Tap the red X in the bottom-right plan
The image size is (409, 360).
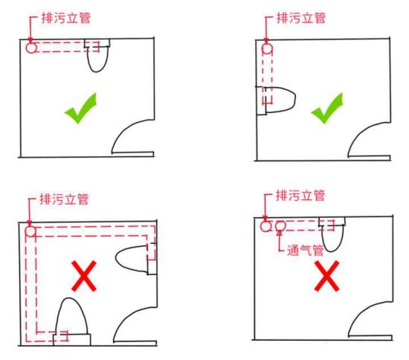click(327, 276)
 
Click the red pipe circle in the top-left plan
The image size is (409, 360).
click(30, 48)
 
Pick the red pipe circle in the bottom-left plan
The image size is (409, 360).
click(30, 232)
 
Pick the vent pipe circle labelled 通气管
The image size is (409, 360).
click(280, 225)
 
